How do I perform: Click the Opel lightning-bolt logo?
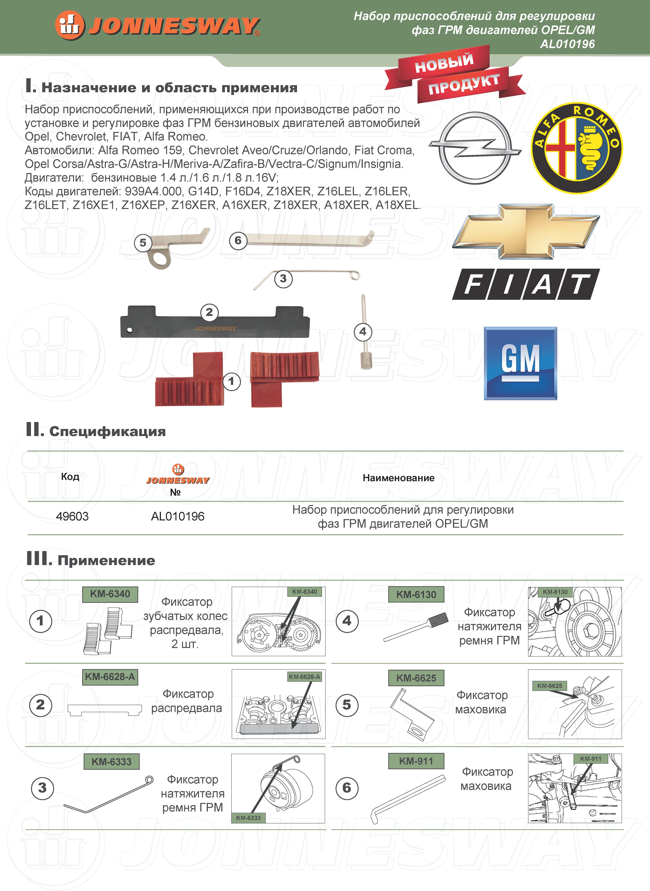[475, 148]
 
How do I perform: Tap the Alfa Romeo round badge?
[577, 148]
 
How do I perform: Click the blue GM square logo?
[520, 363]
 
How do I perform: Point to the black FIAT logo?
[526, 284]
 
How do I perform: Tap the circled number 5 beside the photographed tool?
[143, 243]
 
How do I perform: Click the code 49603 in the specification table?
[72, 516]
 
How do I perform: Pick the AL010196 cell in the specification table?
[177, 516]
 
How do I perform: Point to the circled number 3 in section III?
[42, 788]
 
